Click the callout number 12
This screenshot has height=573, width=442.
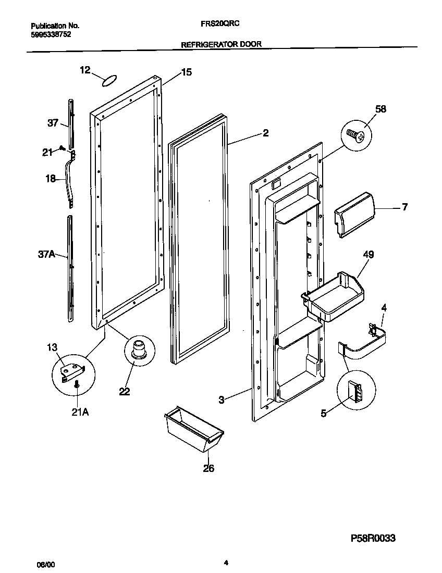point(85,70)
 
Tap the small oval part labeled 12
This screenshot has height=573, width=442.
point(108,80)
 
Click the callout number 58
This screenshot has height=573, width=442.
point(380,109)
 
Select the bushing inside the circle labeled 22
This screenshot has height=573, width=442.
point(139,348)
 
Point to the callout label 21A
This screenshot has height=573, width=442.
point(77,413)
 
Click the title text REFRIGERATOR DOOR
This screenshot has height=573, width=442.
point(221,45)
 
